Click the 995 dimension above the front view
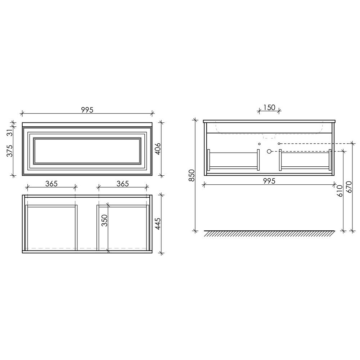tap(87, 110)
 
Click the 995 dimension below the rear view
tap(269, 181)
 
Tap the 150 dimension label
tap(269, 107)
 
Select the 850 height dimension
tap(192, 175)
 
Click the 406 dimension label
tap(158, 149)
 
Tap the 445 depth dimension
tap(158, 224)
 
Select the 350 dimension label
tap(104, 220)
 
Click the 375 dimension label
tap(9, 150)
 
